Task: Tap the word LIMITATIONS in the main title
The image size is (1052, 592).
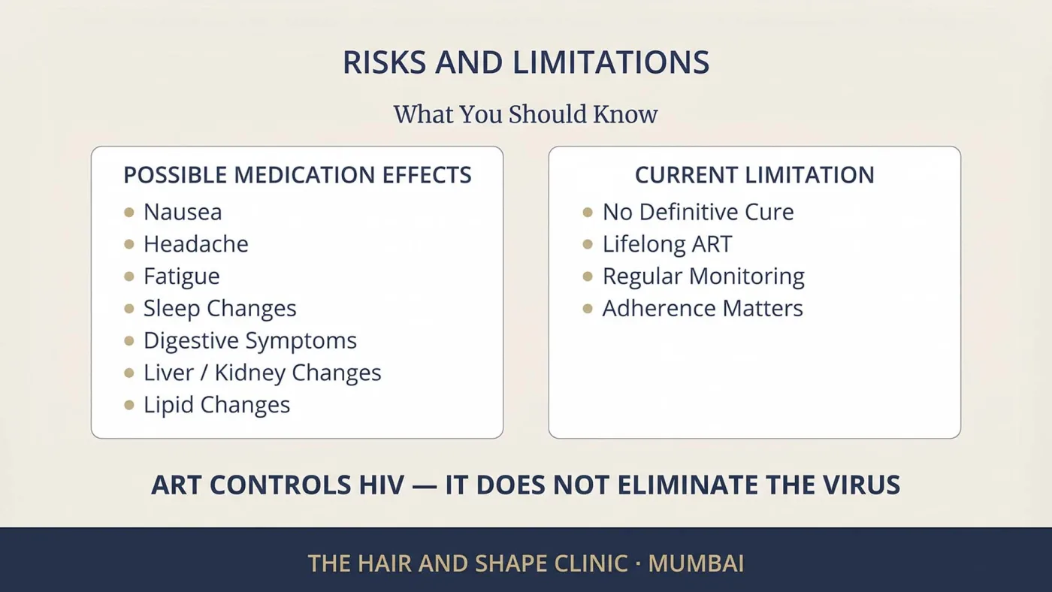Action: [x=610, y=62]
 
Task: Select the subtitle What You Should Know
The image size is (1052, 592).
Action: [x=525, y=114]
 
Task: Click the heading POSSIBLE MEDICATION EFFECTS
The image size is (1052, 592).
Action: [x=298, y=174]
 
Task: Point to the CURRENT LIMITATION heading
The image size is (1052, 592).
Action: [x=754, y=174]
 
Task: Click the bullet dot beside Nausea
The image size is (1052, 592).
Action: [x=129, y=212]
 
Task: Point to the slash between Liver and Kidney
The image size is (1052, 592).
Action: [x=204, y=373]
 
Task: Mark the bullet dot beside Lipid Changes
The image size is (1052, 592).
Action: [x=129, y=405]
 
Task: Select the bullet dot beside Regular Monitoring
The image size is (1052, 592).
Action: [x=588, y=276]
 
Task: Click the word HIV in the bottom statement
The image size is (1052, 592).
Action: [x=382, y=485]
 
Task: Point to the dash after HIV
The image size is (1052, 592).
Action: [x=425, y=486]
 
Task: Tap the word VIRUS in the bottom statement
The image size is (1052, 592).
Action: [x=861, y=485]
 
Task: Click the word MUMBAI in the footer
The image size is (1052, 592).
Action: [x=696, y=563]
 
